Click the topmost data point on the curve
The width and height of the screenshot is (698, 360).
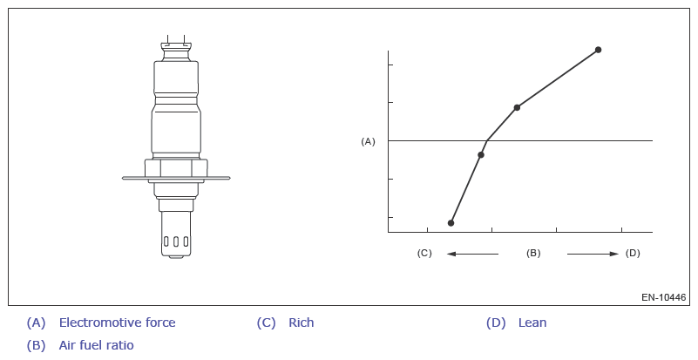tap(599, 50)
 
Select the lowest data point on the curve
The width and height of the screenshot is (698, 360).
tap(451, 223)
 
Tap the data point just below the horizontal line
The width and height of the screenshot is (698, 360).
tap(481, 154)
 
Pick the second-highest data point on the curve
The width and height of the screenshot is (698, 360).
tap(517, 107)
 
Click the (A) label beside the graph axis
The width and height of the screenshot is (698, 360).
tap(368, 142)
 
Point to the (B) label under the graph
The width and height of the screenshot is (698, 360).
tap(533, 253)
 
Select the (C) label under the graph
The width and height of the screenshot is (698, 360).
tap(424, 253)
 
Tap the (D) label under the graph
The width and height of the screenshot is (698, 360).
tap(633, 253)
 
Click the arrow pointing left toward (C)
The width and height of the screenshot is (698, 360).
tap(473, 254)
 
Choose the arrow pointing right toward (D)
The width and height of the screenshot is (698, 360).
tap(593, 254)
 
